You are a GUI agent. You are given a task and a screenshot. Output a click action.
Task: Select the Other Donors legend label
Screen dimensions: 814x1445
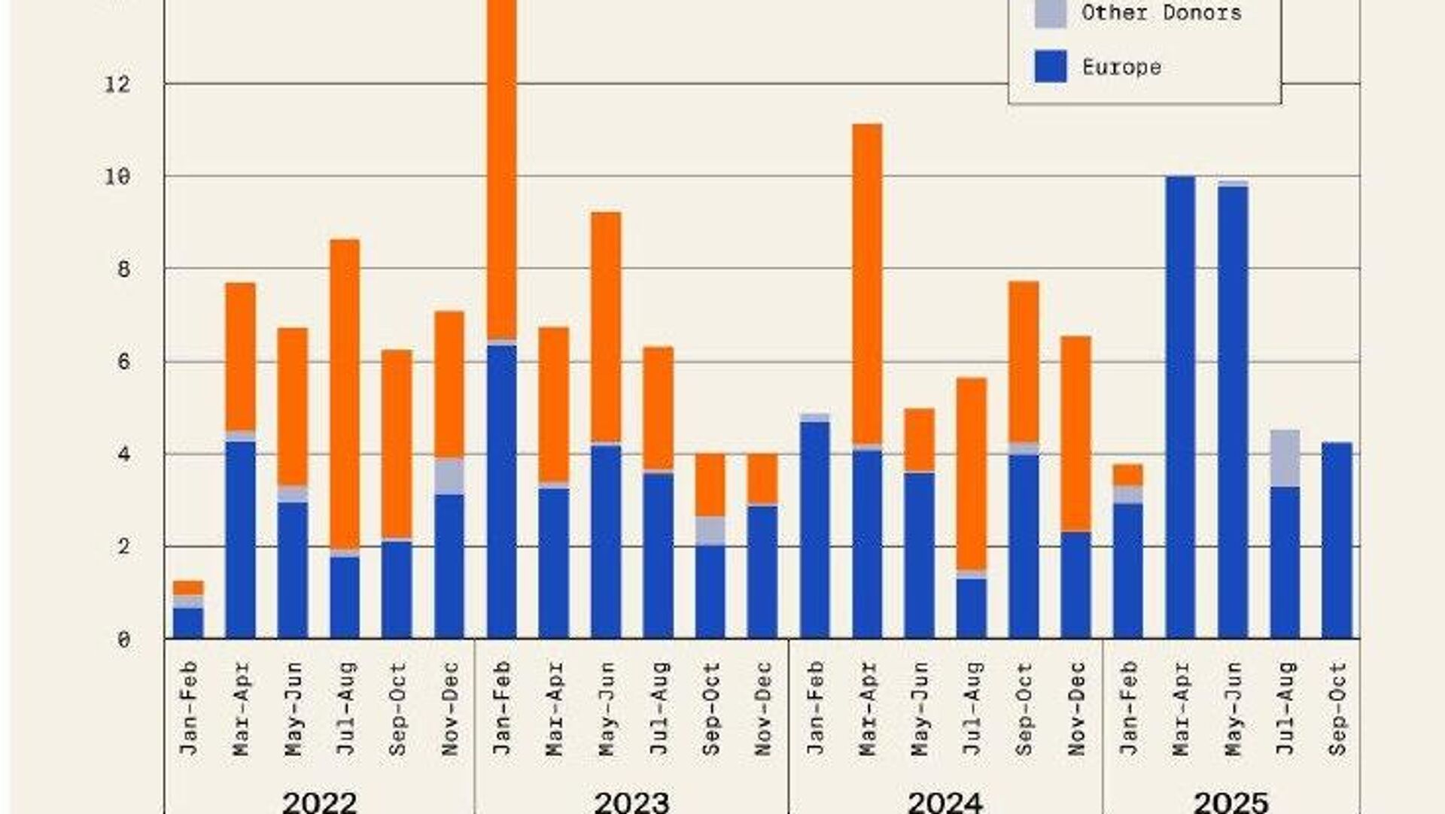pos(1161,13)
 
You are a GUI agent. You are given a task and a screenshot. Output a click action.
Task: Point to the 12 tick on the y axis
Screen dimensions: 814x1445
pos(117,84)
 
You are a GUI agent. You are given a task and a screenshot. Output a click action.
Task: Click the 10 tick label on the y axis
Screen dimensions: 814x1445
pos(117,177)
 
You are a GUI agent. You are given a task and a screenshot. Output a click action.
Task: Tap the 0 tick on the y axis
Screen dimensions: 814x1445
pos(123,640)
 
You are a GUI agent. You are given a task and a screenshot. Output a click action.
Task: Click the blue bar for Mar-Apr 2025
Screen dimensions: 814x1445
pos(1180,406)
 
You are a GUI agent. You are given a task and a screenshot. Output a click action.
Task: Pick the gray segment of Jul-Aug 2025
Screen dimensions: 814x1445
pos(1285,458)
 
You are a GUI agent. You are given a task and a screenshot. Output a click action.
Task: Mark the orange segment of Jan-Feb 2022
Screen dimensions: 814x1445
pos(188,588)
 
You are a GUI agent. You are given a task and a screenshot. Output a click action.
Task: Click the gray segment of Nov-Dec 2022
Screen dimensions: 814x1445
pos(449,475)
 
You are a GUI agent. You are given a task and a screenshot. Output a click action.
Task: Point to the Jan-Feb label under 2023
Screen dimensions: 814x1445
pos(502,708)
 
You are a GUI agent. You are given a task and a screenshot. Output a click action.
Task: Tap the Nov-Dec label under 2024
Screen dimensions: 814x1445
pos(1076,708)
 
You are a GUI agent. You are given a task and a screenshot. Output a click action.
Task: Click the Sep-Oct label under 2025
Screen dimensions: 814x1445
pos(1337,708)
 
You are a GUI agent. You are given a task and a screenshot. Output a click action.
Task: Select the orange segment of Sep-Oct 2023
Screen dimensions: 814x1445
pos(710,484)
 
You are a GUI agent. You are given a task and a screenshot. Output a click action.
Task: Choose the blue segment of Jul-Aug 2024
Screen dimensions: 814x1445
pos(972,608)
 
